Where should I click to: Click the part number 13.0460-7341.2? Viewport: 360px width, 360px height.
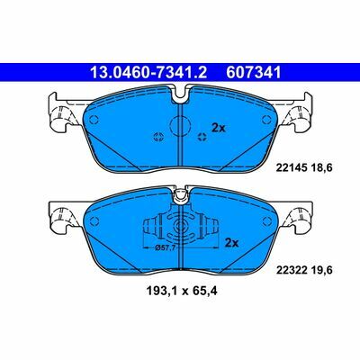point(148,73)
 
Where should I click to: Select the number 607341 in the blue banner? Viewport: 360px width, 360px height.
point(254,73)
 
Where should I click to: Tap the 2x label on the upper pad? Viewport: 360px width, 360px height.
point(219,128)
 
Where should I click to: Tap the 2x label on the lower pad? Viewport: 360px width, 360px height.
point(231,243)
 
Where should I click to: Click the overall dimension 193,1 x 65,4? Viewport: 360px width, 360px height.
point(182,291)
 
